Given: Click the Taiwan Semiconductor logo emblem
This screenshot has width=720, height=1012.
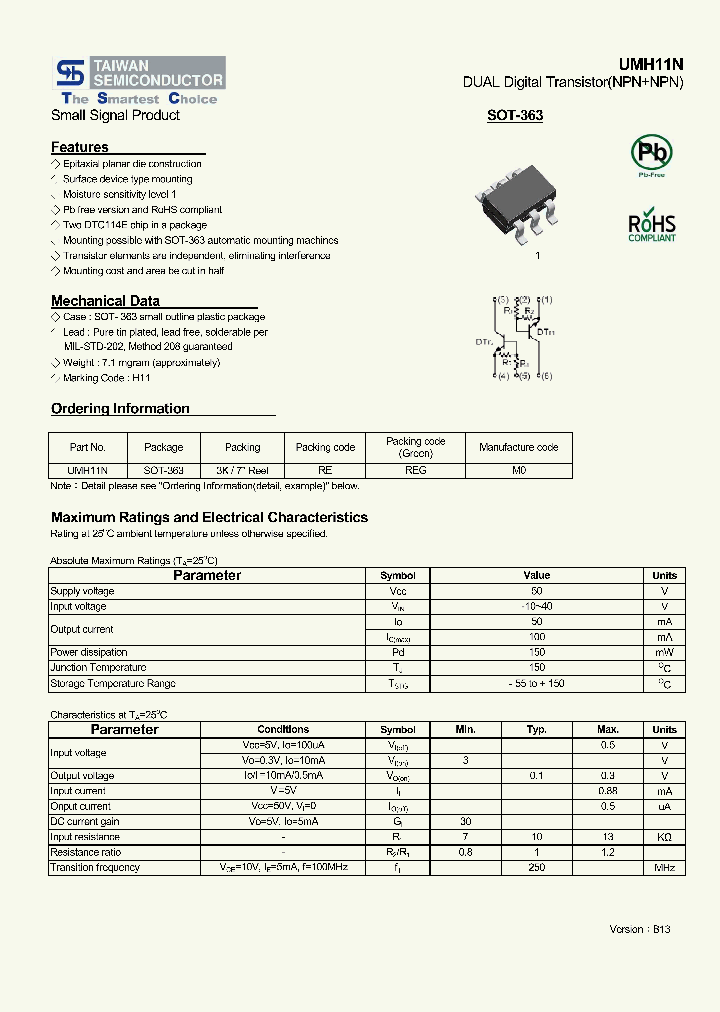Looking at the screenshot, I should [69, 73].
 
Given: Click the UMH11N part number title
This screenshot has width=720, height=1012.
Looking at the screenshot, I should [657, 63].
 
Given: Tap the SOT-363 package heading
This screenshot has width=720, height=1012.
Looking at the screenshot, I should [515, 116].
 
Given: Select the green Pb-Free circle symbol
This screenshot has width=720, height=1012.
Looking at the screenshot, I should [651, 154].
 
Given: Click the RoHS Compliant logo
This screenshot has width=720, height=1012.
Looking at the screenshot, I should [651, 226].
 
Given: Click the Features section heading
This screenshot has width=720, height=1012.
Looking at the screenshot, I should [80, 147].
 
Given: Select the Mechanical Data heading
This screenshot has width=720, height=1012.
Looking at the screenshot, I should [105, 301].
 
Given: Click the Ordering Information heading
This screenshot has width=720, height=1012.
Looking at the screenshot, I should [120, 409].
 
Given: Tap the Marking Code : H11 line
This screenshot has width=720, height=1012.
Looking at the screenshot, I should [105, 378].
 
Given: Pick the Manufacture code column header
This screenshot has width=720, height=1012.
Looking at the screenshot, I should [518, 447].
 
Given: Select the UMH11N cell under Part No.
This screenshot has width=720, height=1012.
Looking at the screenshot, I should [88, 470].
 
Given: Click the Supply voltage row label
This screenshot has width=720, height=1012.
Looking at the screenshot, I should [82, 592].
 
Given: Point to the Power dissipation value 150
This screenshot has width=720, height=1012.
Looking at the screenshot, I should [537, 652].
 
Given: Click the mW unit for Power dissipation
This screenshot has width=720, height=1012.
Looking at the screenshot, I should [665, 652].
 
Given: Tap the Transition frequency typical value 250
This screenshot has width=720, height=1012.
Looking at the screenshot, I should [537, 868].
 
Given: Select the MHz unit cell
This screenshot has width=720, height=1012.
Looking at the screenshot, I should [665, 868].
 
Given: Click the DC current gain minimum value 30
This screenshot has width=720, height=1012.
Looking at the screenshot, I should [466, 822].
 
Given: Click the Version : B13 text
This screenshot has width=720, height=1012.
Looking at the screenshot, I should [640, 930].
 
